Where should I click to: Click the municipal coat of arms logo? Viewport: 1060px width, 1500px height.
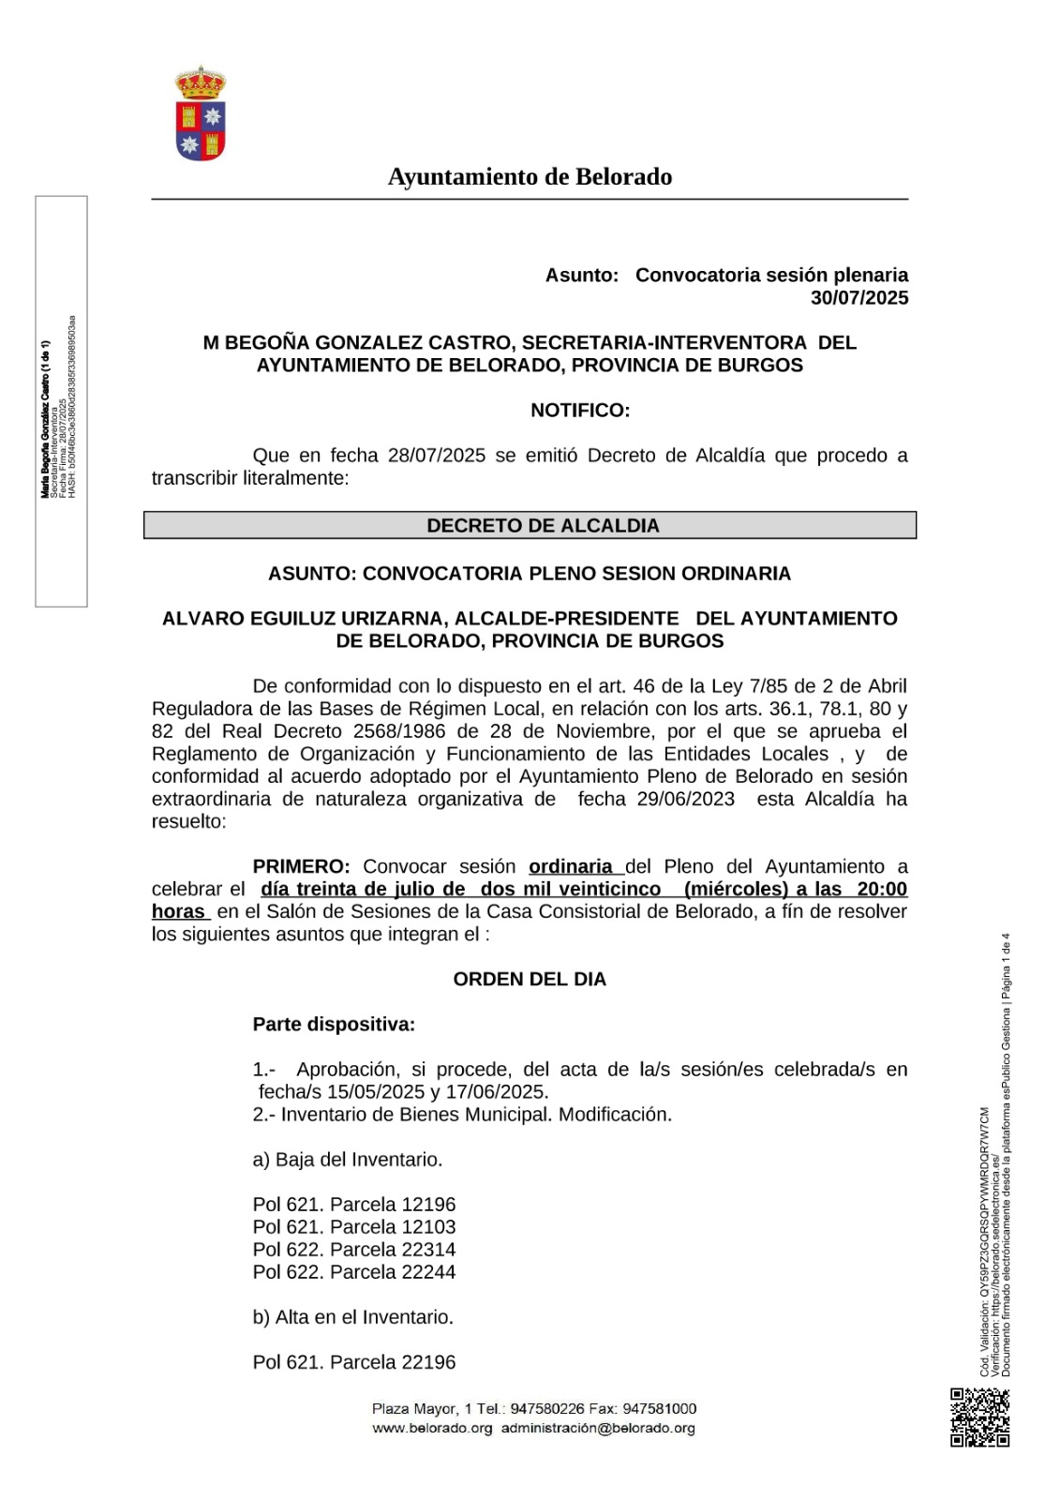point(201,113)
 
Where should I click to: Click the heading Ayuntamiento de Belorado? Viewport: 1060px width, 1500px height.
point(530,176)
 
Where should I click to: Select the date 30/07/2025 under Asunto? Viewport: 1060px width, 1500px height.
point(858,298)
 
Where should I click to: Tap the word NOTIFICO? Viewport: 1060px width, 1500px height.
point(580,411)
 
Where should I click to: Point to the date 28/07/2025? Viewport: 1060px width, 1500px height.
point(437,456)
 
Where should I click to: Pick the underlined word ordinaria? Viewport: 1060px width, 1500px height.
point(571,867)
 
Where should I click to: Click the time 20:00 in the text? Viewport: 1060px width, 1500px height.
point(882,890)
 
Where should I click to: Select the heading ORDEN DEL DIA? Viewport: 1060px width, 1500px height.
point(530,980)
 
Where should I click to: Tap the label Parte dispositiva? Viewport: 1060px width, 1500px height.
point(334,1025)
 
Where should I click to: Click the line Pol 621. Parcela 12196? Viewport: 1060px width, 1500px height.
point(354,1205)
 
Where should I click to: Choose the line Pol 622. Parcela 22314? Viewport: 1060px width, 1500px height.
point(354,1250)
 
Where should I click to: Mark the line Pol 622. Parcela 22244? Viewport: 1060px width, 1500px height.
point(354,1272)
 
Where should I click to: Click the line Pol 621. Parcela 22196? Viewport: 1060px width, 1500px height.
point(354,1362)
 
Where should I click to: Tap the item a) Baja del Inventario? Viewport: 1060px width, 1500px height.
point(348,1160)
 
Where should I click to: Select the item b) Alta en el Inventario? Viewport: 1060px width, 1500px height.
point(353,1317)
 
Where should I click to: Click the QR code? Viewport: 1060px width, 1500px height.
point(979,1417)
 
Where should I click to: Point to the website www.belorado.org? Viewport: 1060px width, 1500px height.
point(432,1429)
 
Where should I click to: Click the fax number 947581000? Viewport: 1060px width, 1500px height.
point(660,1409)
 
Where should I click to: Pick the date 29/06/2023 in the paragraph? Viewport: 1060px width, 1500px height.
point(685,800)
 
